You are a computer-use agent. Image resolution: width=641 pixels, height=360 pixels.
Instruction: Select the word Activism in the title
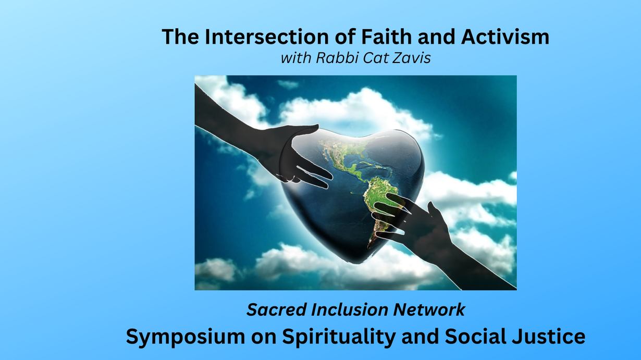[x=505, y=37]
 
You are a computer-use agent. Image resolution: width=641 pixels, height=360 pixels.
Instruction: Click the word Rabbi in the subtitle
[x=337, y=58]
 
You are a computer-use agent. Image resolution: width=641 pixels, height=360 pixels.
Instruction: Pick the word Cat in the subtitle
[x=375, y=58]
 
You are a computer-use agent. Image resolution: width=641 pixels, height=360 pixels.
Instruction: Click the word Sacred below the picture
[x=276, y=309]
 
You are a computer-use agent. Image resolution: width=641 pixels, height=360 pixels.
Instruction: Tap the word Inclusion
[x=350, y=309]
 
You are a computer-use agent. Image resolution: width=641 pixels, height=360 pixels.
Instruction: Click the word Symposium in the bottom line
[x=186, y=337]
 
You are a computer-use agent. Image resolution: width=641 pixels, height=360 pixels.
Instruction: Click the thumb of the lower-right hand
[x=435, y=212]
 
